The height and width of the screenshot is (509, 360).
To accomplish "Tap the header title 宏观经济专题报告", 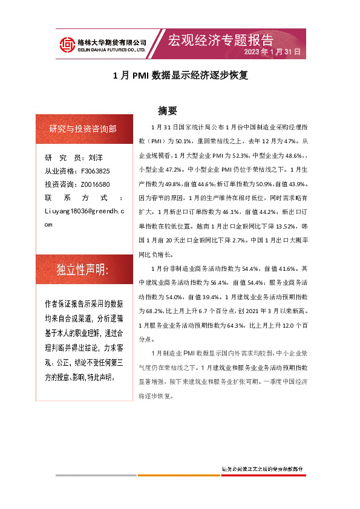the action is click(x=220, y=40).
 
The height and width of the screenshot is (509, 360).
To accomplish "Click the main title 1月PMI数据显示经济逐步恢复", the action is click(x=181, y=77).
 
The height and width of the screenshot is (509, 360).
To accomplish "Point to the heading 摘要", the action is click(x=167, y=111).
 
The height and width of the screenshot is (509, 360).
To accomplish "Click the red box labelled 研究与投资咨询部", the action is click(x=83, y=128).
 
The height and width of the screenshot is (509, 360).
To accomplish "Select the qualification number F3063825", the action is click(x=95, y=171).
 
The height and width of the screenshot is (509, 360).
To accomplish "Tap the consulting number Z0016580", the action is click(x=95, y=184).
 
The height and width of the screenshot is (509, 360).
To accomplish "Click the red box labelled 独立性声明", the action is click(x=83, y=270).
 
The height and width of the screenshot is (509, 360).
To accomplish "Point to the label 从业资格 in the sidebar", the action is click(x=59, y=171).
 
